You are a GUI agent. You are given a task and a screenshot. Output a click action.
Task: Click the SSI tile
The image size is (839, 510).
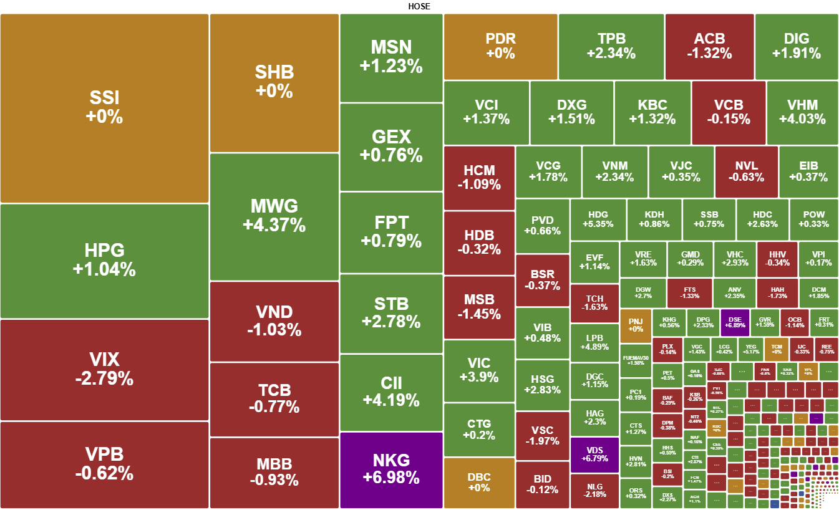(104, 108)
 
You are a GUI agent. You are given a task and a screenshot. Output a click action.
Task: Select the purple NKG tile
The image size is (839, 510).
(391, 469)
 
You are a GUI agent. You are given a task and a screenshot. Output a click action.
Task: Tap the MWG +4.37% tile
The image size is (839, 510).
(274, 216)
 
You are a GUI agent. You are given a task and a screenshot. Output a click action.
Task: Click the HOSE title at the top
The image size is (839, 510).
(419, 6)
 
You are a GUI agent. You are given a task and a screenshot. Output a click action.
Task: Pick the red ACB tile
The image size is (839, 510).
(709, 46)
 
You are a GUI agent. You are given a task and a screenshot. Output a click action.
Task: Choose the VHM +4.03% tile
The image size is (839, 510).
(802, 112)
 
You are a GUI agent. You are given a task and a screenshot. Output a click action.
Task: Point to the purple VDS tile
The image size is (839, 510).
(594, 455)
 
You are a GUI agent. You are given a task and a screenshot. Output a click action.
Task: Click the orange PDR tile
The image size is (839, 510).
(500, 46)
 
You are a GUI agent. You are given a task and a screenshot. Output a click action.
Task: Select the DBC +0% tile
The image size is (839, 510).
(479, 483)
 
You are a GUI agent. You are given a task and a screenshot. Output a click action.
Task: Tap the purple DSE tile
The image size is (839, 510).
(734, 322)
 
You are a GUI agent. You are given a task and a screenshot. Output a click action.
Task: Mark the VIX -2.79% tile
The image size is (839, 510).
(104, 369)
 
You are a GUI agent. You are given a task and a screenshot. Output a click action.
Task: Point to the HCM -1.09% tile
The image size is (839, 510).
(479, 178)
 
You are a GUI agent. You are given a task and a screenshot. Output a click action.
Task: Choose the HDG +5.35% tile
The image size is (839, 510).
(598, 219)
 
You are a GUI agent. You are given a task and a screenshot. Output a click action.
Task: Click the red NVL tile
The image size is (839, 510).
(746, 171)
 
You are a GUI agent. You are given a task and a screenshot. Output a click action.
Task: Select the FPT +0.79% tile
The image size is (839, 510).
(391, 232)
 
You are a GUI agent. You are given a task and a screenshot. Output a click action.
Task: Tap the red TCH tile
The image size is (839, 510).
(594, 303)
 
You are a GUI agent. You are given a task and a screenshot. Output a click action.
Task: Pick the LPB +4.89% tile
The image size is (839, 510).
(594, 342)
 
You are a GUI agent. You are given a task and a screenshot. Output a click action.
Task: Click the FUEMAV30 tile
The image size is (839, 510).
(635, 360)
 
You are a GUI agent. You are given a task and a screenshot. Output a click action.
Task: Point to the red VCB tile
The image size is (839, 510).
(728, 112)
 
